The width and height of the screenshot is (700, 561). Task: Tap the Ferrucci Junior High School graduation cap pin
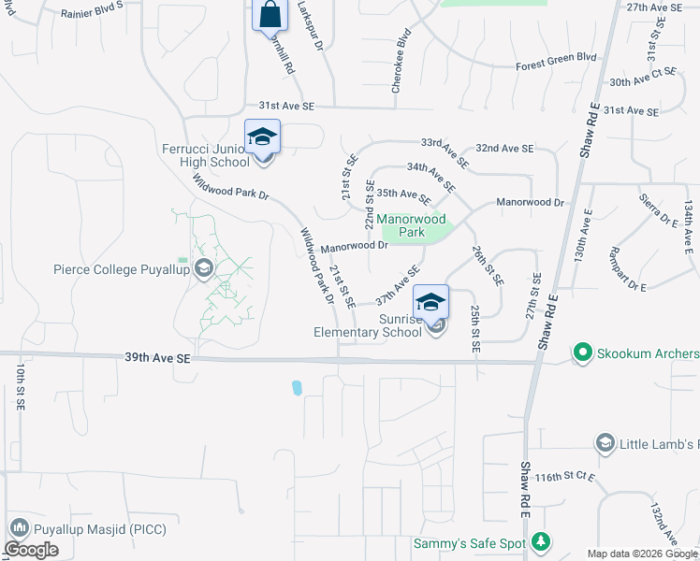(262, 137)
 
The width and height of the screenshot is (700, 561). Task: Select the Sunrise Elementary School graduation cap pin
(431, 302)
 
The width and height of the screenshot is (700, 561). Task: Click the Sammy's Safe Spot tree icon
(540, 542)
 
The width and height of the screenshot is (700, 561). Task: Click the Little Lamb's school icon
(605, 443)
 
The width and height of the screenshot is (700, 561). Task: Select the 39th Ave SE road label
(156, 358)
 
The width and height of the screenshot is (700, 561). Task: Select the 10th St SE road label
(18, 386)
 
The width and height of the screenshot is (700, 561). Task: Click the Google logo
(31, 550)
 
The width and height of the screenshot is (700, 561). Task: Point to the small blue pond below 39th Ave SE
(297, 387)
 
